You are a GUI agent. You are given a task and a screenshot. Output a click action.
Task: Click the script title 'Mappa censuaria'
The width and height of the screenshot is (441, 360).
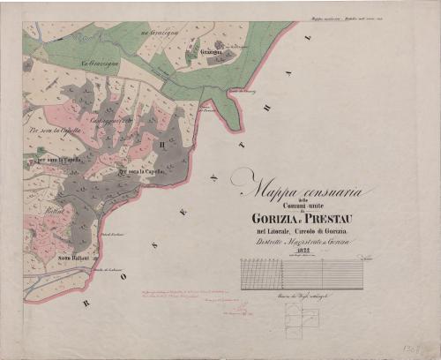click(299, 187)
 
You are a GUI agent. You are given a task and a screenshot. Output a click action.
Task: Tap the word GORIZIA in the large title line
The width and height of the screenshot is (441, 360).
click(275, 218)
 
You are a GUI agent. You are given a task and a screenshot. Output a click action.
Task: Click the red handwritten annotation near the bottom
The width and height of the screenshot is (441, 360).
click(176, 296)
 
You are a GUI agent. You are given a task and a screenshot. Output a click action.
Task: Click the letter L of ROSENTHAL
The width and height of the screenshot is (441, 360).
click(309, 41)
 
